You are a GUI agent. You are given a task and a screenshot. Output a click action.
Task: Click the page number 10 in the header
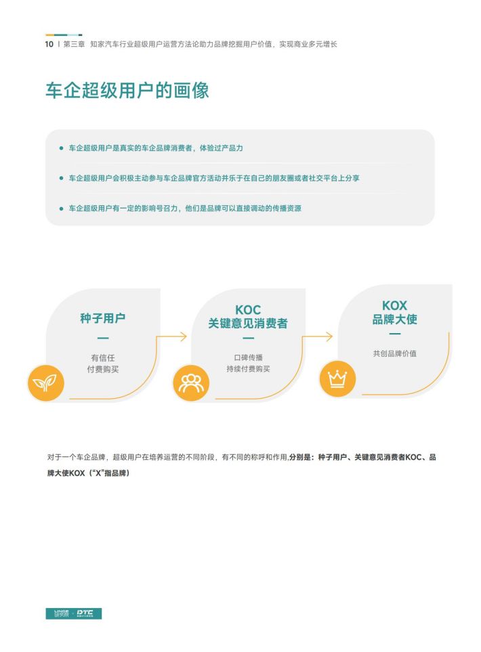coord(49,44)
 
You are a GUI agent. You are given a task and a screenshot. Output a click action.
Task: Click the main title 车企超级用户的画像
coord(127,90)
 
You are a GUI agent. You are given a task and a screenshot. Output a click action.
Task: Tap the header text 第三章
coord(74,44)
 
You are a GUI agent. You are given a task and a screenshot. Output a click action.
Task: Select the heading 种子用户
coord(103,318)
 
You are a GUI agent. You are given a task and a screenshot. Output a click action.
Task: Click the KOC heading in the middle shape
coord(248,310)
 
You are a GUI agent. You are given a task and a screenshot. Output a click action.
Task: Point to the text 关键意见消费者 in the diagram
coord(248,323)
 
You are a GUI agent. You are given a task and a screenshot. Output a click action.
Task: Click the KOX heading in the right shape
coord(394,305)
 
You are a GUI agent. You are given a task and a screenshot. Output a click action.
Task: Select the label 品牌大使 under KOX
coord(394,319)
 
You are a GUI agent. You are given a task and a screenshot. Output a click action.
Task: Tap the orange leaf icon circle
coord(45,383)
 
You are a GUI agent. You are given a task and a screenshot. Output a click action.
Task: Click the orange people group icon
coord(191,383)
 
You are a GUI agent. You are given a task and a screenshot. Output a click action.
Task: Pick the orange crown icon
coord(337,378)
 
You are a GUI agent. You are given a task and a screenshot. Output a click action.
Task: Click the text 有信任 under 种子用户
coord(103,357)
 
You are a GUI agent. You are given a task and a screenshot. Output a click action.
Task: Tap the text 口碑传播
coord(249,357)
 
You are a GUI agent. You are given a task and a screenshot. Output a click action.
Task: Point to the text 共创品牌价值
coord(394,353)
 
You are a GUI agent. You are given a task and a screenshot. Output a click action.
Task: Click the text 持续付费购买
coord(249,369)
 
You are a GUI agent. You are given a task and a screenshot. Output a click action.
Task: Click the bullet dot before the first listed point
coord(62,148)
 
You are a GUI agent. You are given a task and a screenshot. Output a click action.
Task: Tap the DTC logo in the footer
coord(85,613)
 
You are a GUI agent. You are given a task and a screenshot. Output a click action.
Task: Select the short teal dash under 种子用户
coord(103,338)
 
